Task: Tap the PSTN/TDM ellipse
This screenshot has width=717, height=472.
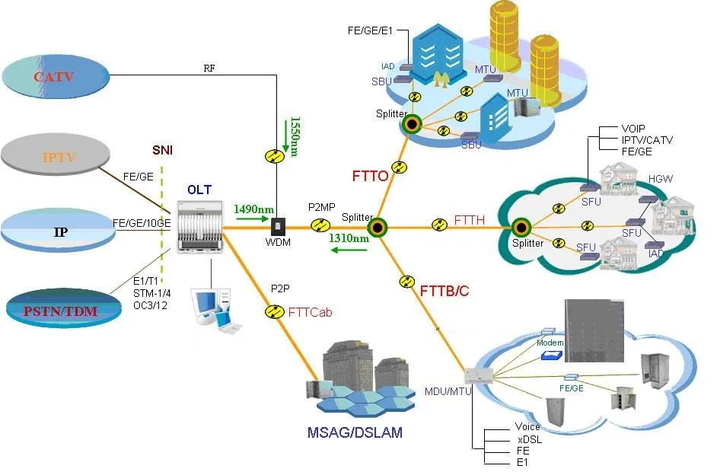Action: pyautogui.click(x=63, y=308)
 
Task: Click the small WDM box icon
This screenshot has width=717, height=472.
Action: pyautogui.click(x=279, y=226)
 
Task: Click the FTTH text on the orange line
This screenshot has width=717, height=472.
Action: pyautogui.click(x=469, y=220)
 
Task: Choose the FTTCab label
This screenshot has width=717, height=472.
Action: pyautogui.click(x=311, y=311)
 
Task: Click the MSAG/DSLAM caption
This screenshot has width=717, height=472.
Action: pyautogui.click(x=355, y=432)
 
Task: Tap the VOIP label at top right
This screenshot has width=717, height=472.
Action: pyautogui.click(x=636, y=129)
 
